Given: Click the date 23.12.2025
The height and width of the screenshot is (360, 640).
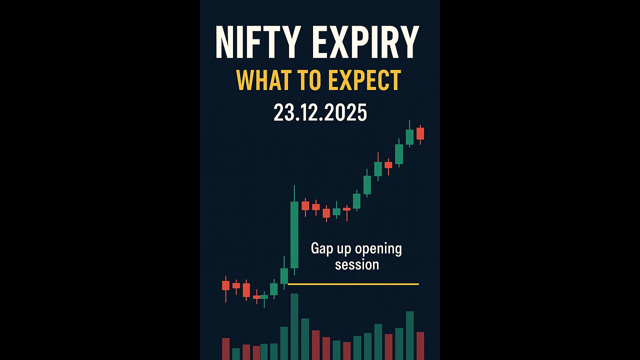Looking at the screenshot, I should (320, 113).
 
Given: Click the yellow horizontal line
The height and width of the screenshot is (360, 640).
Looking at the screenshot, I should (353, 284).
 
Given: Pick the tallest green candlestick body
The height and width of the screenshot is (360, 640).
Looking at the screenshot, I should (294, 234).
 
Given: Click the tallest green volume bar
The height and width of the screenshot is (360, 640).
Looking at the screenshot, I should (294, 326).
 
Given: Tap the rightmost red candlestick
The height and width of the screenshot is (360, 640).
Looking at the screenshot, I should (420, 133).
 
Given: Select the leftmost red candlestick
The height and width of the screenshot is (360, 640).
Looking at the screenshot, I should (225, 285).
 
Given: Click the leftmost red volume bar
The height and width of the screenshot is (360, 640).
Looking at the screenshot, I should (225, 348).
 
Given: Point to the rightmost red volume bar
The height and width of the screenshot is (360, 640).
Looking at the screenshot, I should (420, 345).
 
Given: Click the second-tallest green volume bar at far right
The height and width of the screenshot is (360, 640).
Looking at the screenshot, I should (409, 335).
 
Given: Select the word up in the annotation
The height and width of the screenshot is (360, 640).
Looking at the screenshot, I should (345, 249).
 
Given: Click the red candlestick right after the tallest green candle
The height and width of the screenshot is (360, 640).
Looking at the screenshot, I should (305, 205).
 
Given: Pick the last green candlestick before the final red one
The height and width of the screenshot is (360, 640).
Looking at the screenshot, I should (409, 136).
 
